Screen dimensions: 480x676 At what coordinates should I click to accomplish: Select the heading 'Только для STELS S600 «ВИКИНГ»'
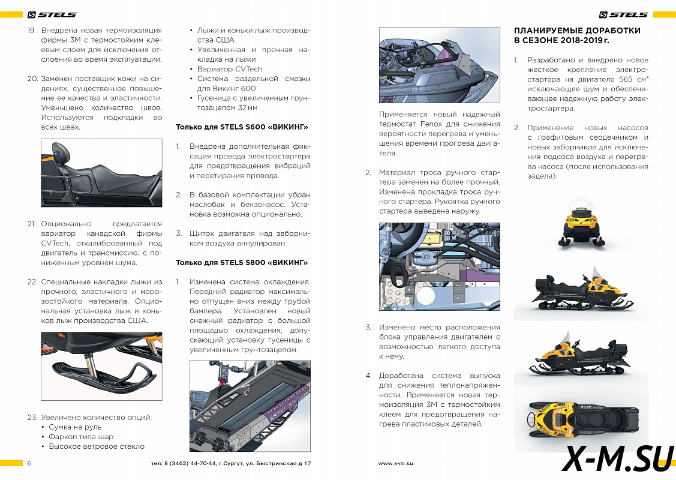tap(241, 127)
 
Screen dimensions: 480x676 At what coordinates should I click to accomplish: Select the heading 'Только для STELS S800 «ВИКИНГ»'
tap(241, 262)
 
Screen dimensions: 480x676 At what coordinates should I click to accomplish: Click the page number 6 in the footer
tap(29, 464)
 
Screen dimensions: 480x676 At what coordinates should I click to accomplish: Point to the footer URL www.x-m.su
tap(396, 464)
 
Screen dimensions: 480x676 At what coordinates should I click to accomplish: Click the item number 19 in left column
tap(32, 31)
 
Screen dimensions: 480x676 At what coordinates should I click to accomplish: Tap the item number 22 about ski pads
tap(32, 282)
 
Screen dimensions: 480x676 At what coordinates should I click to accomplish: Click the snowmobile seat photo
tap(101, 173)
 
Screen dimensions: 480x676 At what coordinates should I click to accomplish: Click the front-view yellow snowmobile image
tap(581, 226)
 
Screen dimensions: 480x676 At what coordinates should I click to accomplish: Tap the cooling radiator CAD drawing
tap(250, 406)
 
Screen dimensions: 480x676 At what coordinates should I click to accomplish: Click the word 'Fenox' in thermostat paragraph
tap(431, 124)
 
